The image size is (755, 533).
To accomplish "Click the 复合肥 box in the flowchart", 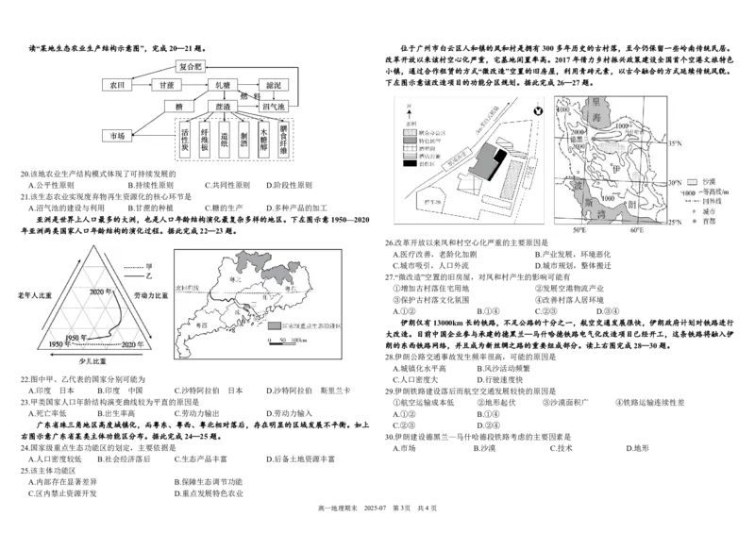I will (191, 67).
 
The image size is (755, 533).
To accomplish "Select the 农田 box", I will (117, 85).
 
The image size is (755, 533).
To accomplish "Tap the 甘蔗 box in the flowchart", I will (164, 85).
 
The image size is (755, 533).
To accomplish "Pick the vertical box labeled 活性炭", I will (185, 141).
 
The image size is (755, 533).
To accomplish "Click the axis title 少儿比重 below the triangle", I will (92, 360).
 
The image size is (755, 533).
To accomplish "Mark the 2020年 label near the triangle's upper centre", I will (102, 291).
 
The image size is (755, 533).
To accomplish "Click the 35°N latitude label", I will (674, 143).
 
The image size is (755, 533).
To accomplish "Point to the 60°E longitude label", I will (638, 231).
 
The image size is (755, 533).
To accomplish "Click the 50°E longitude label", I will (579, 231).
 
